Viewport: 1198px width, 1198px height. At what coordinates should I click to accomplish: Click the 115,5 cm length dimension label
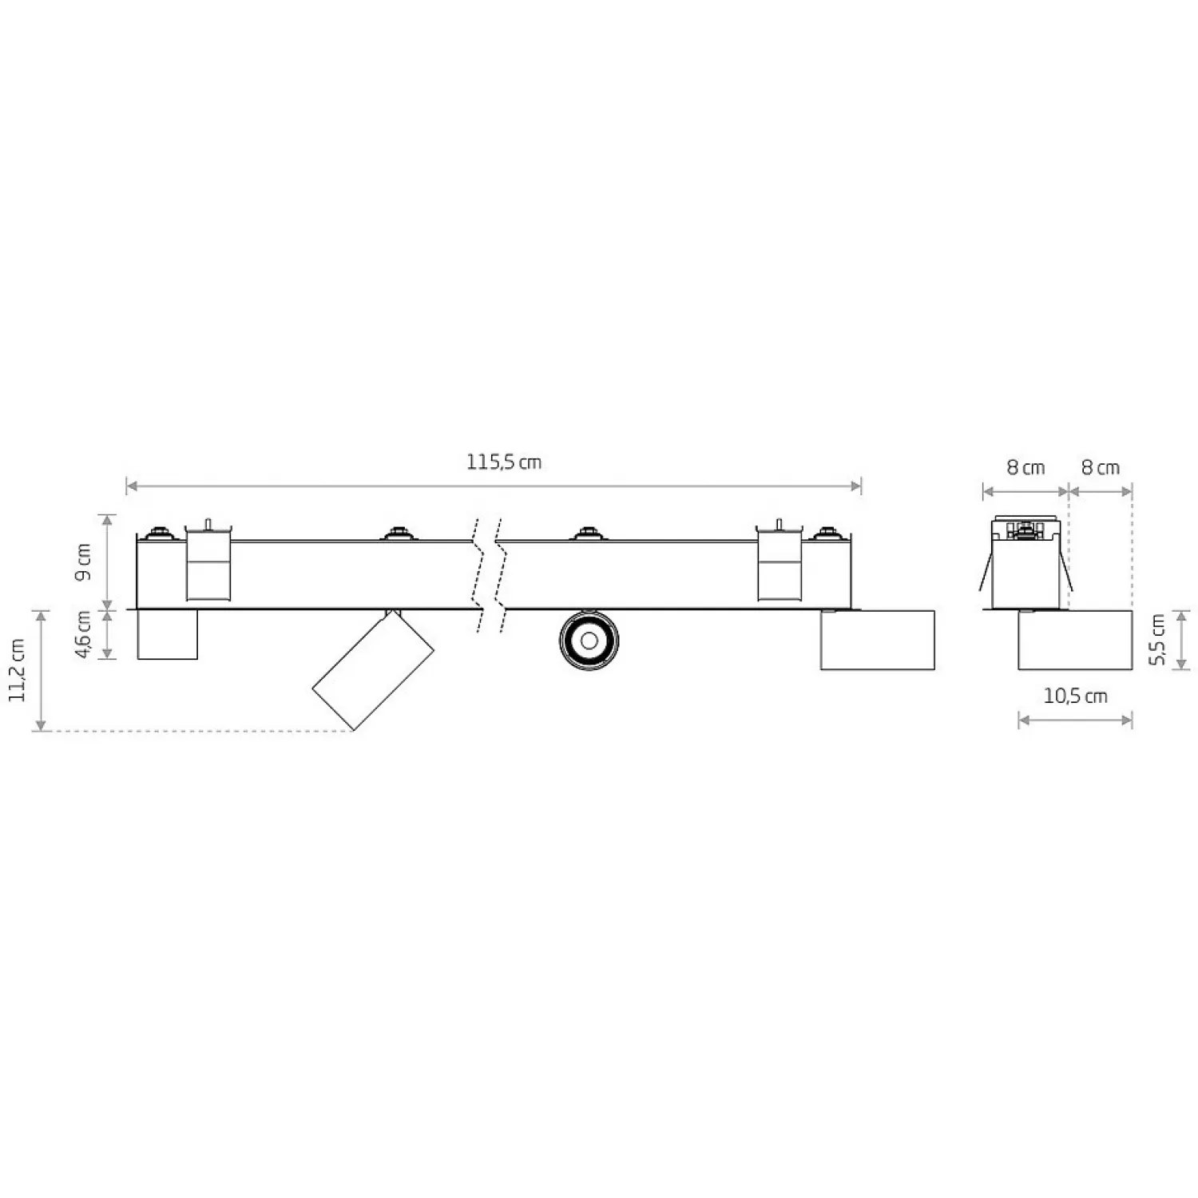[504, 462]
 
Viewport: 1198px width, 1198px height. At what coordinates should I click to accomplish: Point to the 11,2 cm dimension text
[18, 670]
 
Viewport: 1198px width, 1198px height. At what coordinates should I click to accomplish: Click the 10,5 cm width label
[1075, 696]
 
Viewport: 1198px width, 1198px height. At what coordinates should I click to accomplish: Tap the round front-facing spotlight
[589, 640]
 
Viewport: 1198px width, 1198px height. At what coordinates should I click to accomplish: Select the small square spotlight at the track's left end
[168, 635]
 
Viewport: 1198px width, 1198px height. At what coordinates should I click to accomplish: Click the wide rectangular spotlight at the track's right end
[878, 640]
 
